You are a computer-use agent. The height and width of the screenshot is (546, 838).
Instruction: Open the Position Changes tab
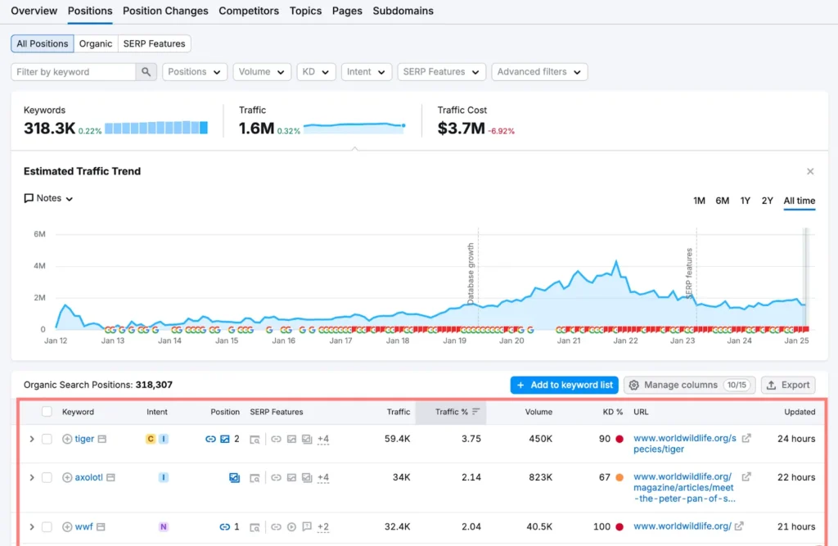click(165, 11)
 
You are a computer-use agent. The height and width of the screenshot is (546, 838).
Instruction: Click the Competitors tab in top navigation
click(249, 11)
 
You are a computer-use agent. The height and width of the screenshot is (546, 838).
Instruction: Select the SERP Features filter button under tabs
click(155, 43)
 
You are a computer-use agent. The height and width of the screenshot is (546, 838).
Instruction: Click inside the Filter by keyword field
click(74, 72)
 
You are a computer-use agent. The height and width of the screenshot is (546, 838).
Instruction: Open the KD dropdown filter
click(316, 72)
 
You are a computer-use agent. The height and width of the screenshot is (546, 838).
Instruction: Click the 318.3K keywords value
click(50, 129)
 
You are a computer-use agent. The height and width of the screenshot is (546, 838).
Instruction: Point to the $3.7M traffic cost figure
click(461, 129)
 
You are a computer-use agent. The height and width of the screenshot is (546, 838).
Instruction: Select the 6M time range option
click(722, 201)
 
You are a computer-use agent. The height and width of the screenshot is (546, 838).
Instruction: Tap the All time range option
click(799, 201)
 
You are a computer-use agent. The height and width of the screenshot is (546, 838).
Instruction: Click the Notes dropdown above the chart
click(49, 198)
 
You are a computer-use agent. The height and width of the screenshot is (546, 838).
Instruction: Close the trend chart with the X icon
click(810, 172)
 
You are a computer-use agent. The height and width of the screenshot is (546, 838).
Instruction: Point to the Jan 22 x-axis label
click(625, 341)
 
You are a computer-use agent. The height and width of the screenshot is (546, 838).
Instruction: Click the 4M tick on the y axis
click(39, 266)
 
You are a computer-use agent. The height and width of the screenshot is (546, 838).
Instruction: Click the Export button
click(788, 385)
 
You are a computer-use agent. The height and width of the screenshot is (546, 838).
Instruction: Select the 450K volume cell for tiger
click(538, 439)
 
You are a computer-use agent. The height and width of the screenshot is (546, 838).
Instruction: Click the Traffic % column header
click(450, 412)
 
